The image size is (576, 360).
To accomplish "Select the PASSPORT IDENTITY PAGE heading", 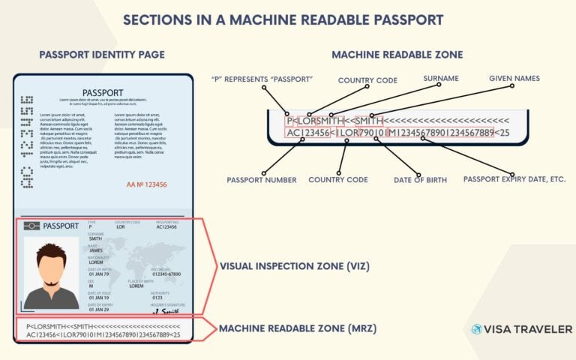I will (x=102, y=55).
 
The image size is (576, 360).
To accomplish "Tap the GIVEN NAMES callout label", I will (x=514, y=78).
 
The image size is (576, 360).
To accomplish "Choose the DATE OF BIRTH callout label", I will (x=420, y=180).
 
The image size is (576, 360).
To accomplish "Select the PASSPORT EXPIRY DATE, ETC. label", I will (x=514, y=179).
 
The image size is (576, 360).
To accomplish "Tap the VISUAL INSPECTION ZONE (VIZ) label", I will (x=293, y=266).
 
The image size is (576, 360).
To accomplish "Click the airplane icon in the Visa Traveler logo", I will (x=477, y=329).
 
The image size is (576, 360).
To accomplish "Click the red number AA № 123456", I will (x=147, y=184).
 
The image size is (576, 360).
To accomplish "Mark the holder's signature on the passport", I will (x=170, y=308).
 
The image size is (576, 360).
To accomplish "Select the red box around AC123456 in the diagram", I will (x=307, y=133).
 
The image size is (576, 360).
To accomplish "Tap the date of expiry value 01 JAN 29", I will (x=98, y=310).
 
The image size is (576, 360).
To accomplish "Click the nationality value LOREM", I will (x=96, y=262).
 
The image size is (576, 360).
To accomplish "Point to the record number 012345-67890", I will (x=166, y=274).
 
